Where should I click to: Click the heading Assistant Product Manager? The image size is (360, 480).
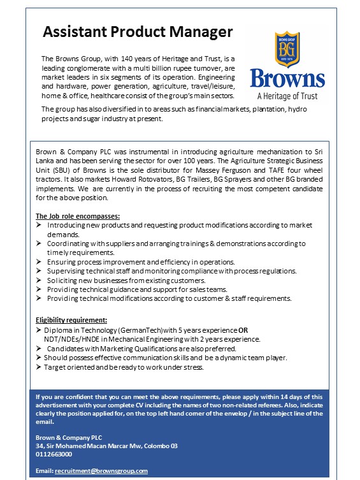(x=138, y=32)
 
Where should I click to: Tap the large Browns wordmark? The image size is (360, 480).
(x=287, y=80)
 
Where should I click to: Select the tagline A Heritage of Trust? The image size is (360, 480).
(x=287, y=97)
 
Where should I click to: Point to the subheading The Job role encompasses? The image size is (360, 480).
(x=77, y=217)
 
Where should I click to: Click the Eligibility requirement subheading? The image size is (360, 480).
(x=71, y=320)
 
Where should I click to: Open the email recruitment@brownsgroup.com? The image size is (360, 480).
(x=101, y=470)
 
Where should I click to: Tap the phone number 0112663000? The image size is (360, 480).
(x=54, y=454)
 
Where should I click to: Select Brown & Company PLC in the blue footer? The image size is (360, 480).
(x=69, y=437)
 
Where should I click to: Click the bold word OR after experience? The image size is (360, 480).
(x=243, y=330)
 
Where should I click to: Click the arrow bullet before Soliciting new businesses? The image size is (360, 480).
(x=40, y=280)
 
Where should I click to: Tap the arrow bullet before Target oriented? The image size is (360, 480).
(x=40, y=367)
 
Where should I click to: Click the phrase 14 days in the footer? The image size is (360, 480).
(x=298, y=396)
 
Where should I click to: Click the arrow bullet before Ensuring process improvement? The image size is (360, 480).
(x=40, y=262)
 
